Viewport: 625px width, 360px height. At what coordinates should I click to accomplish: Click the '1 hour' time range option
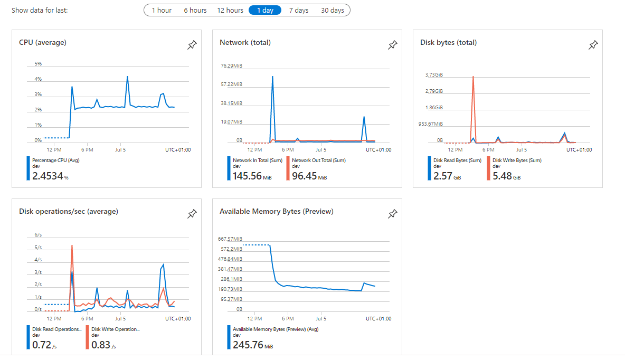coord(162,10)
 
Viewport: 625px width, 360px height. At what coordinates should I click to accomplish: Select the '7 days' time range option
coord(298,10)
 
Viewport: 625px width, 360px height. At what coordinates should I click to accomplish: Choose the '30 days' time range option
coord(332,10)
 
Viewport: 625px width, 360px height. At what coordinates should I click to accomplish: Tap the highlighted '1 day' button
coord(265,10)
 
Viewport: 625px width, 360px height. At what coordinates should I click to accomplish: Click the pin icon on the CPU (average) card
coord(192,45)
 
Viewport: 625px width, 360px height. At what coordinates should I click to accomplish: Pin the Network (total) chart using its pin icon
coord(393,45)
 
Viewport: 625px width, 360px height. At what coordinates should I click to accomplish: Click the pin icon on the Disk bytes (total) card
coord(593,45)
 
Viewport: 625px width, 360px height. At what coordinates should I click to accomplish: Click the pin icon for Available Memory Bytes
coord(393,214)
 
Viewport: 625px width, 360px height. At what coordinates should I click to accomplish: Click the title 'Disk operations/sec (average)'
coord(69,211)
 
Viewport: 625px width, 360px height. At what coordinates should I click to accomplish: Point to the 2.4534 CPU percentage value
coord(48,176)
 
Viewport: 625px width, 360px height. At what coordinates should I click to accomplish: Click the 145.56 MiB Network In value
coord(247,176)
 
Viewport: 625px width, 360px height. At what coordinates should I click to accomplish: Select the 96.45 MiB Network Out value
coord(305,176)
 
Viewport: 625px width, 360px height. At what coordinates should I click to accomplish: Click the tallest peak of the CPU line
coord(127,77)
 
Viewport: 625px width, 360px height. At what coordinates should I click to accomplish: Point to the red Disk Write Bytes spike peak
coord(473,77)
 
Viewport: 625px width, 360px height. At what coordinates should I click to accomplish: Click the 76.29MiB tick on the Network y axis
coord(231,66)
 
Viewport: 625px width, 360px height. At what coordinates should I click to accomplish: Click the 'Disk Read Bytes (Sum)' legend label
coord(457,160)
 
